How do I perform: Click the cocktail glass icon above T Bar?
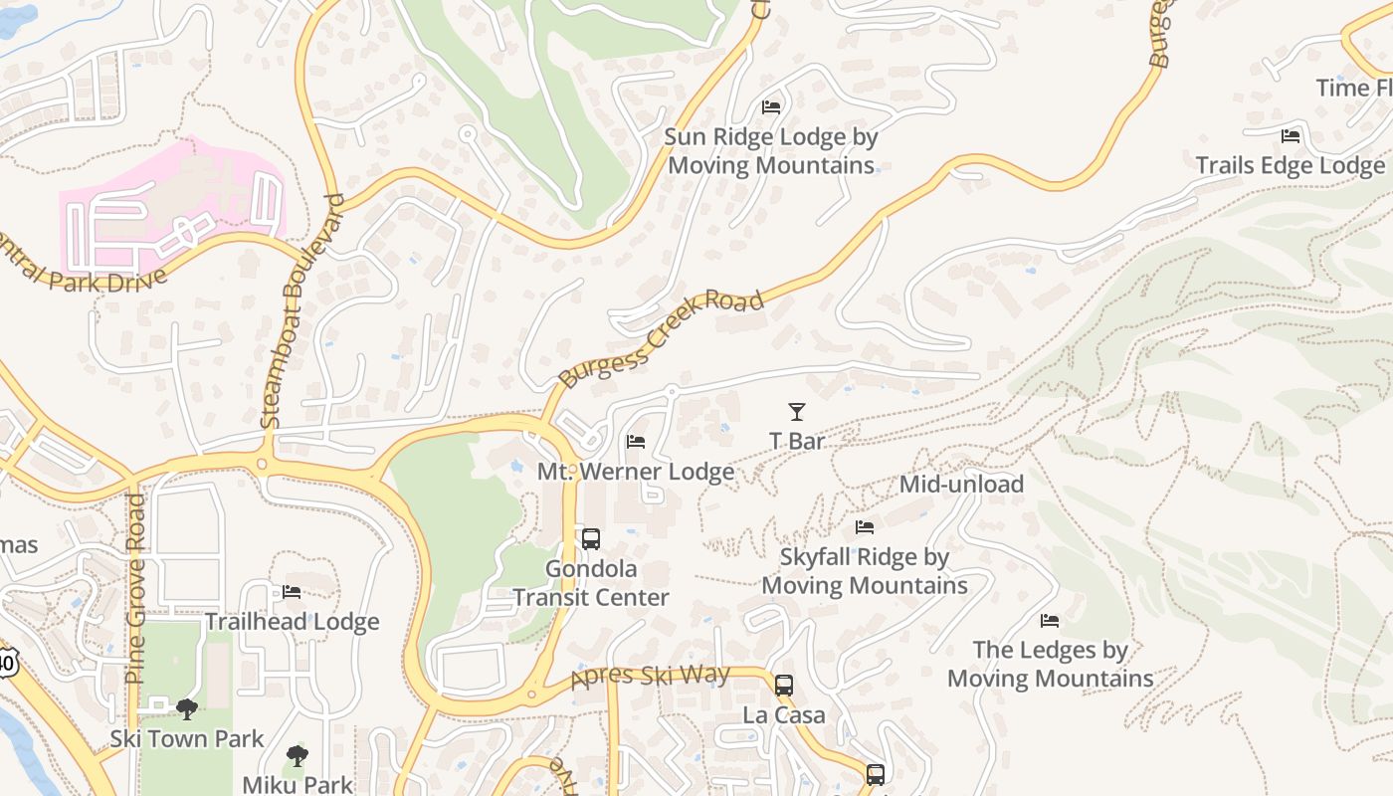(x=796, y=411)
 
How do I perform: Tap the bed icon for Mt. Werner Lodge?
(x=636, y=442)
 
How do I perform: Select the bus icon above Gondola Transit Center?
(x=590, y=539)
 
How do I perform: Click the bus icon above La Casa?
(x=784, y=685)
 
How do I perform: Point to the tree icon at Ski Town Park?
(x=186, y=708)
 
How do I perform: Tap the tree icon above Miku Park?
(x=297, y=755)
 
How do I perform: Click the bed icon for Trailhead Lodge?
(x=292, y=592)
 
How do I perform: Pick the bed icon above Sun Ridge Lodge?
(x=770, y=106)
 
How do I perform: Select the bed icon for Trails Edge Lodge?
(x=1291, y=135)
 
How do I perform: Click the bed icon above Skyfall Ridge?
(x=865, y=527)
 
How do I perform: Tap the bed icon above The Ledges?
(x=1050, y=621)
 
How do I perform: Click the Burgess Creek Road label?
(x=662, y=338)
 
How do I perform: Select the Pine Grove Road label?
(x=136, y=588)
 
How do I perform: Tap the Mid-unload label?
(x=961, y=485)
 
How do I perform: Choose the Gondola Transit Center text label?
(x=591, y=583)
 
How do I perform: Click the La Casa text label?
(x=784, y=715)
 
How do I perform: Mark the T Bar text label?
(x=797, y=441)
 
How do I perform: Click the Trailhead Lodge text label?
(x=292, y=622)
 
